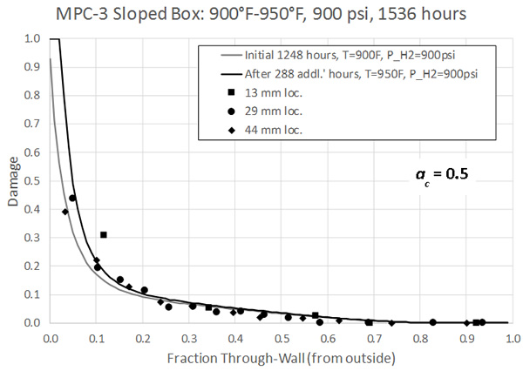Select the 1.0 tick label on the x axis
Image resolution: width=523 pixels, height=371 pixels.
pos(510,335)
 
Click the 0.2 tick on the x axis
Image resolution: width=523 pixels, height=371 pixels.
pos(142,335)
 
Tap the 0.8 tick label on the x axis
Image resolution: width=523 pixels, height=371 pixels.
pos(418,335)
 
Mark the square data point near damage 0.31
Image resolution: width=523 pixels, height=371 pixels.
pos(103,235)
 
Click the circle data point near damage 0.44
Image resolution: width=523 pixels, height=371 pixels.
pos(72,198)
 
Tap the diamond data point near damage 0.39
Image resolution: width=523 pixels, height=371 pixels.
pos(65,212)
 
